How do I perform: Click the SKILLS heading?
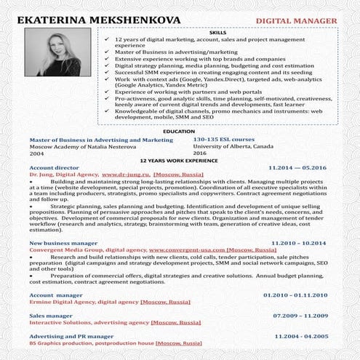[x=217, y=33]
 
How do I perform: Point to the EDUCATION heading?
[x=180, y=132]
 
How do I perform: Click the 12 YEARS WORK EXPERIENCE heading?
[x=178, y=159]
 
